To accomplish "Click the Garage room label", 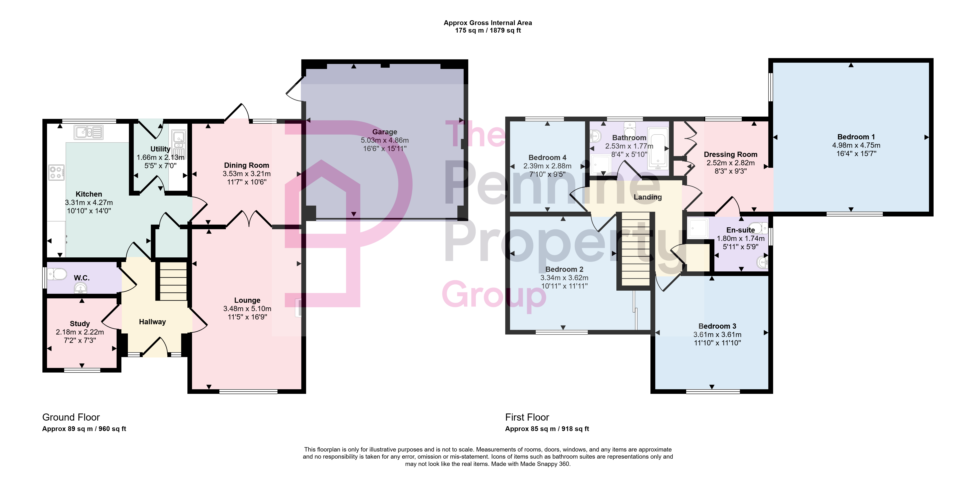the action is click(x=384, y=132).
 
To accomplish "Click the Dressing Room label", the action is click(x=730, y=155).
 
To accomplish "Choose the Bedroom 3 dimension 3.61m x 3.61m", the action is click(x=717, y=335).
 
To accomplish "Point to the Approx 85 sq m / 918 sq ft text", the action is click(x=547, y=429).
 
